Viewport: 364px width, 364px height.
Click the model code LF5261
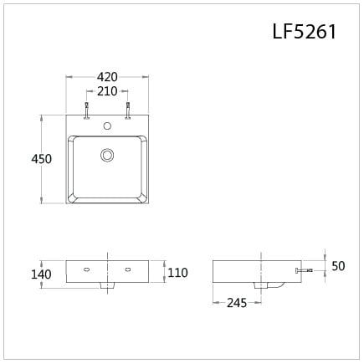[304, 32]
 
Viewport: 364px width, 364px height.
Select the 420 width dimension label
[107, 77]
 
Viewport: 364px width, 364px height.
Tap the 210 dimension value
[107, 91]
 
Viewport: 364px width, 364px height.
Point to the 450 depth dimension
[42, 159]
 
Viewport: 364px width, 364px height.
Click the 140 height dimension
[43, 274]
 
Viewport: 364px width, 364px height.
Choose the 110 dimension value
[177, 273]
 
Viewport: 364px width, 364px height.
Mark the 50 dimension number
[338, 266]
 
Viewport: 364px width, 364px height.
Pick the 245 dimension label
[237, 303]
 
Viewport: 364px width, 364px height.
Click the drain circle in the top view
[107, 155]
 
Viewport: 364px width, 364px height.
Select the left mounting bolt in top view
[86, 110]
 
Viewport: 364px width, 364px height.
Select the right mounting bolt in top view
[128, 110]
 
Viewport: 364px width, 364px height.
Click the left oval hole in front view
[86, 269]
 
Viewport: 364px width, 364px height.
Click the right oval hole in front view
[128, 269]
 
